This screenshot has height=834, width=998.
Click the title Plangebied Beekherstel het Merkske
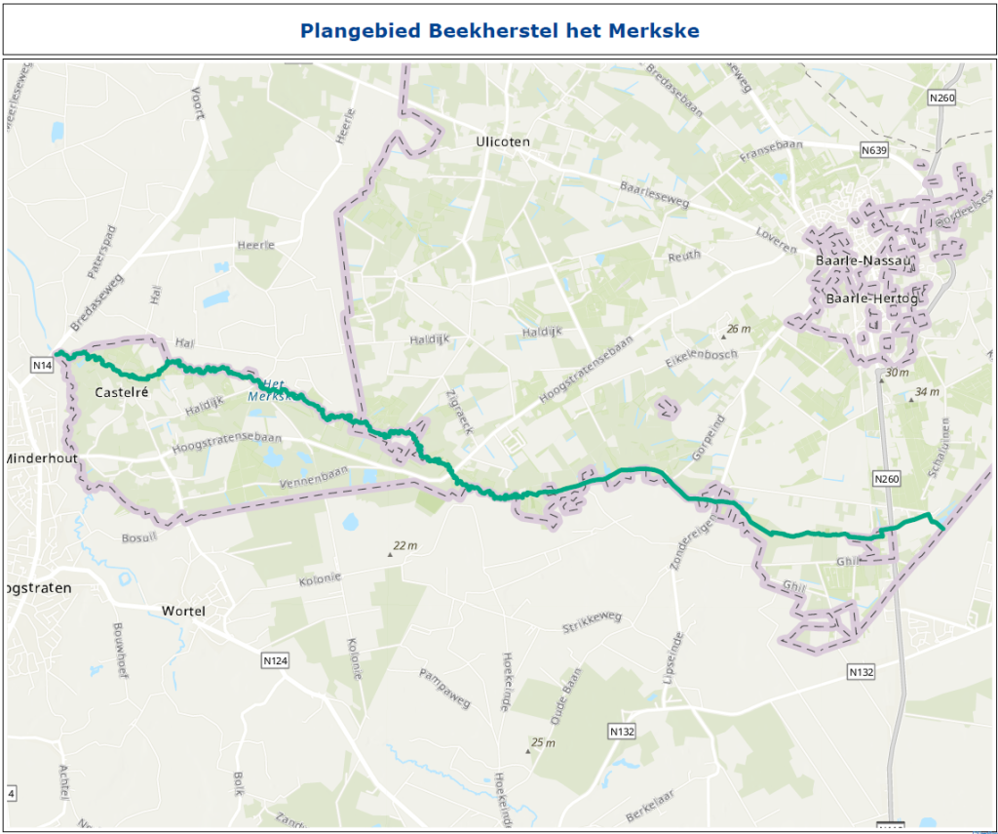pos(499,30)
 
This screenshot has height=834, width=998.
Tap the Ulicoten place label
pos(503,142)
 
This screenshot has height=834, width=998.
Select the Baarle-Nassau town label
pos(854,260)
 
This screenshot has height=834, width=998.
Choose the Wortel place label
pos(183,612)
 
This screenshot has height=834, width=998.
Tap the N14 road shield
pos(41,365)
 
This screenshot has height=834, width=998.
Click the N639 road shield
pos(874,150)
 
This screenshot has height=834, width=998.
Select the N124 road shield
pos(276,661)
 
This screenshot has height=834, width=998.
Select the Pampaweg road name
pos(444,689)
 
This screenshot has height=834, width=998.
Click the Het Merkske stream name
pos(270,390)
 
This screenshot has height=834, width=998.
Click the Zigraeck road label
pos(457,414)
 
